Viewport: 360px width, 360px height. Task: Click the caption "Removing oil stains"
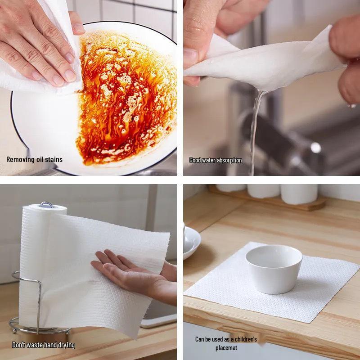click(x=34, y=159)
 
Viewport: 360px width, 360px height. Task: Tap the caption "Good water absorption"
click(x=215, y=160)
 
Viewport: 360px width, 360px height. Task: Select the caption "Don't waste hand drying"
click(x=43, y=345)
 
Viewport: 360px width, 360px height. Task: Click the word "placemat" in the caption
click(x=226, y=348)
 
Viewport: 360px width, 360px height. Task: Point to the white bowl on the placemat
click(x=274, y=268)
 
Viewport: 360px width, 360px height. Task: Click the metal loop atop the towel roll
click(x=45, y=205)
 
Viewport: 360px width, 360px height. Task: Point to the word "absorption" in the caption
click(x=229, y=160)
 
